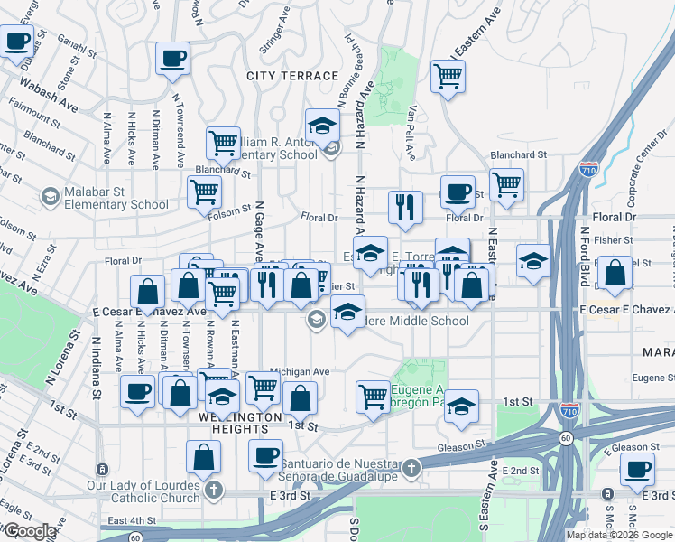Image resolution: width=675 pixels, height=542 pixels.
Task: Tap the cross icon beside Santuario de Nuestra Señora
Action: point(411,468)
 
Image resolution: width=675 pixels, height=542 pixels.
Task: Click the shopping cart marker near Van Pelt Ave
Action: point(448,78)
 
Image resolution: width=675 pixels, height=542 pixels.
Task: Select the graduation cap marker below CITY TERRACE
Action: point(321,126)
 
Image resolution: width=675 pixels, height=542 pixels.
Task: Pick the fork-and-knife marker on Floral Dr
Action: point(405,207)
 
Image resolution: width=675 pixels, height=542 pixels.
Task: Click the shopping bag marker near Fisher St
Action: point(615,275)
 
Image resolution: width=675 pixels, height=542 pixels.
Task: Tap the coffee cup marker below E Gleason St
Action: point(638,470)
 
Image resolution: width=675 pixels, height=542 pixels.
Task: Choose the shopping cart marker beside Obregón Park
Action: point(373,396)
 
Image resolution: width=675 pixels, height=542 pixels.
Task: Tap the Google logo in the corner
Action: point(30,531)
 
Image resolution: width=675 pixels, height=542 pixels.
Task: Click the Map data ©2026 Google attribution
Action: point(620,535)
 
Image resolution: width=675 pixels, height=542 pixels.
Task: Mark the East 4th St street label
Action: point(131,520)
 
